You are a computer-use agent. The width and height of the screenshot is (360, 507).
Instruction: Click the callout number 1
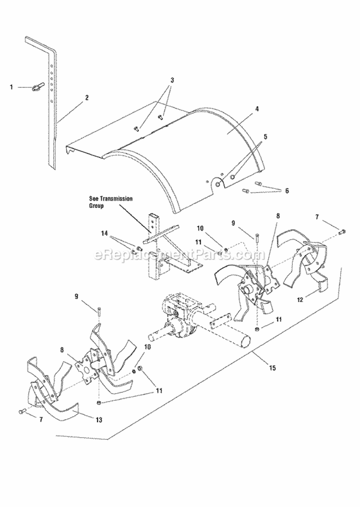click(11, 87)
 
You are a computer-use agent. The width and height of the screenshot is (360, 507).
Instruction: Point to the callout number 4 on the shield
click(257, 109)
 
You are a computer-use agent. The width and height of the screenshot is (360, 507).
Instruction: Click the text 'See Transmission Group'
click(104, 201)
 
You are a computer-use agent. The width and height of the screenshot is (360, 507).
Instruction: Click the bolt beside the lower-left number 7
click(22, 411)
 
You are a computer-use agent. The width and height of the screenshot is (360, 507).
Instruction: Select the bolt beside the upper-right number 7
click(342, 232)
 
